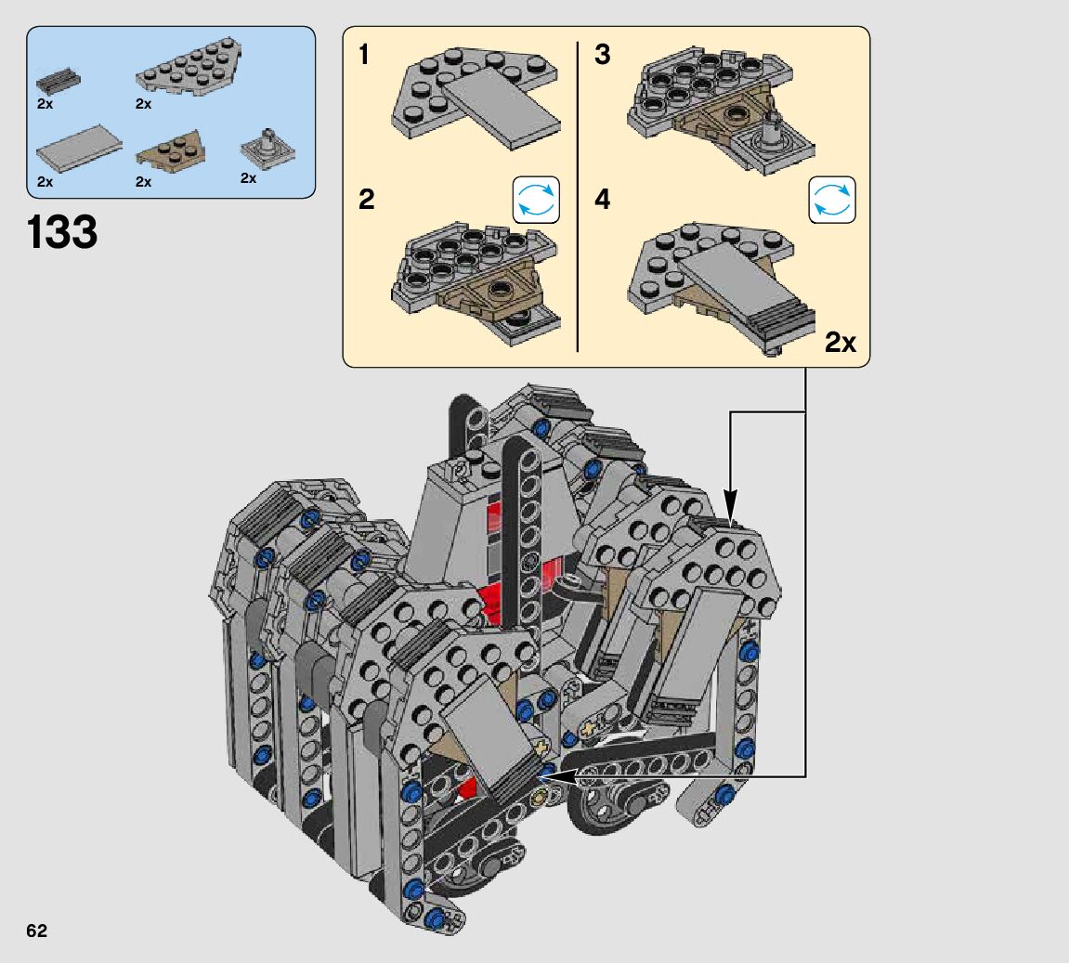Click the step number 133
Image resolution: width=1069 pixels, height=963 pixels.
(62, 232)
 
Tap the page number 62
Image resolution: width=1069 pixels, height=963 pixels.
(37, 931)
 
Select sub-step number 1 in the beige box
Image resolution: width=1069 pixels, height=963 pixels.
(364, 55)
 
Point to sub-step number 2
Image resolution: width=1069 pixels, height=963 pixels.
(366, 200)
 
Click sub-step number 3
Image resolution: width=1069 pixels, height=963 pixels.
(602, 55)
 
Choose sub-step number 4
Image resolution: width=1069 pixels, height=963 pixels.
(602, 200)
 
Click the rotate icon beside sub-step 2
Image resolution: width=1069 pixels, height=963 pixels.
(536, 200)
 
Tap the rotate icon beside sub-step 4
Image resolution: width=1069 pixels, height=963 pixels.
(832, 200)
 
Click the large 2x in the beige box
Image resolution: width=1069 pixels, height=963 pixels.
(840, 342)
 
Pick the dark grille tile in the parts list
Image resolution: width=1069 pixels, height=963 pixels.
(58, 81)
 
